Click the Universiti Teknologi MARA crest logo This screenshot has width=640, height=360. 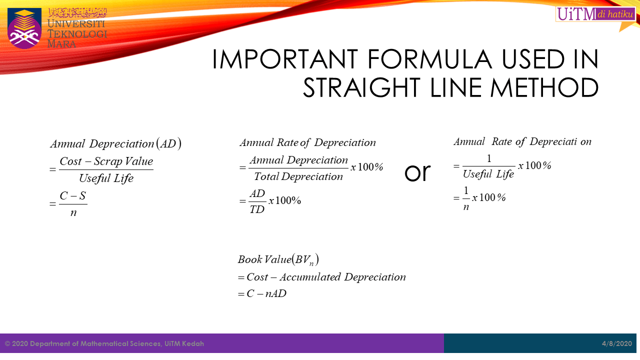24,28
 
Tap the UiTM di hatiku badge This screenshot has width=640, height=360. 595,14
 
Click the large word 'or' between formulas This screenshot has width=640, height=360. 417,172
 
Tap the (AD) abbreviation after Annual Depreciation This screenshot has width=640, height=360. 168,144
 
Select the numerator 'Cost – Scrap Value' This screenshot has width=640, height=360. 106,161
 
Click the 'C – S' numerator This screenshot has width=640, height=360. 73,196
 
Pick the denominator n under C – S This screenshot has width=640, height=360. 73,213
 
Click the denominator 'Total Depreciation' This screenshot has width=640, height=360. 298,176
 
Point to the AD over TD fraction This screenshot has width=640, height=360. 257,201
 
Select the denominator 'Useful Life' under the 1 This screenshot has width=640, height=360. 488,174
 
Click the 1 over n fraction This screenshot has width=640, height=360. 466,198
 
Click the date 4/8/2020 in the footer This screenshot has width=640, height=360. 617,344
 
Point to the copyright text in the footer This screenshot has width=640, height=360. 104,344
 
